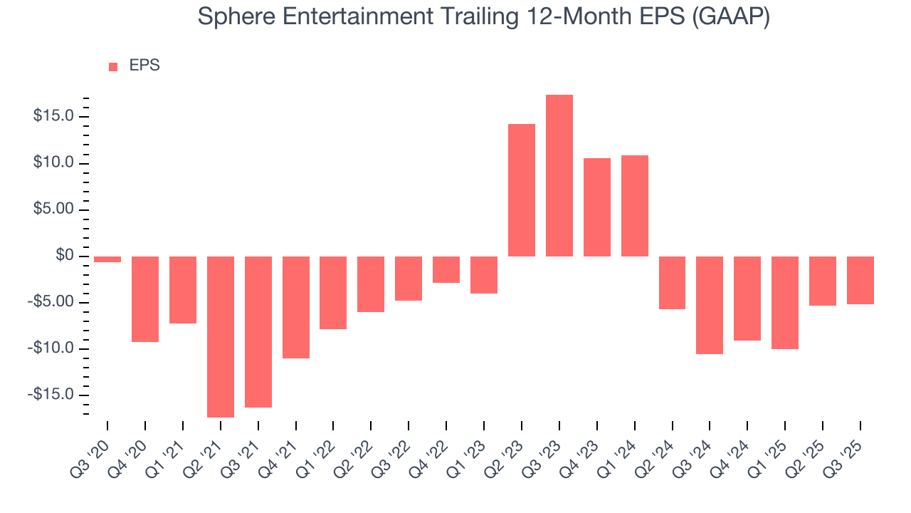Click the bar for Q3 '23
click(559, 176)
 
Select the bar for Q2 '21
click(221, 336)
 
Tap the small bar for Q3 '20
click(107, 259)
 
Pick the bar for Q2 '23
click(522, 190)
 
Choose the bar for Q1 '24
click(634, 206)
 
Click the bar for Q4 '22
click(446, 269)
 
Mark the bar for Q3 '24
click(710, 305)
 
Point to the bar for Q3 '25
click(860, 280)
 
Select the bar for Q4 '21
click(296, 307)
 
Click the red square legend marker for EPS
click(113, 67)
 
